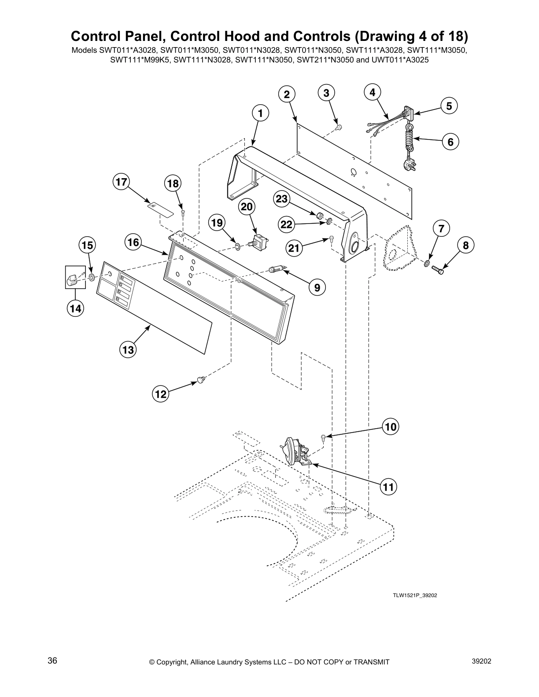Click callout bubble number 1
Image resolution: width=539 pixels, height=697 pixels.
pos(260,113)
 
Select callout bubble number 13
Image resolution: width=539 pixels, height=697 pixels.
pos(128,350)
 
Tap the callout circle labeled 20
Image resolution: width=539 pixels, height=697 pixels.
pos(247,206)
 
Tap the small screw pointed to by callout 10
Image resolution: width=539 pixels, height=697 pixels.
pos(324,437)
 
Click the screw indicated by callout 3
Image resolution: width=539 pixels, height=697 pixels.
pos(339,127)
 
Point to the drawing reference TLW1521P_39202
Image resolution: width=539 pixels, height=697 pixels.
pos(415,595)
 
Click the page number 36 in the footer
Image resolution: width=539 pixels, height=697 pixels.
pos(52,661)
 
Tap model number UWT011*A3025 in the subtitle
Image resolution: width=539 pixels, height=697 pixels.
pos(400,59)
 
